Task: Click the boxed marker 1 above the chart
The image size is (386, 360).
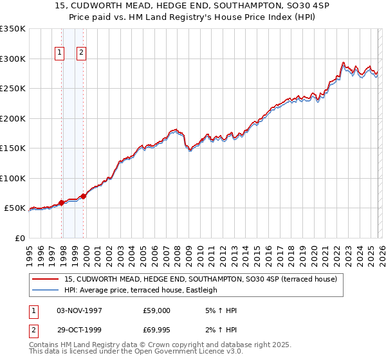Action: click(60, 53)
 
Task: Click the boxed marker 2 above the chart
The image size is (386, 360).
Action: click(82, 53)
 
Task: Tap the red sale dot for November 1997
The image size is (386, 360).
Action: click(62, 203)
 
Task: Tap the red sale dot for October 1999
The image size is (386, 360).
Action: click(84, 196)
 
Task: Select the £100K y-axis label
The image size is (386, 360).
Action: click(12, 178)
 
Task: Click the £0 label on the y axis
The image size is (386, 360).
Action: click(19, 238)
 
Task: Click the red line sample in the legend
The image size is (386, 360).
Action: click(46, 279)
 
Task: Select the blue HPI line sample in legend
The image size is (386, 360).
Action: click(46, 290)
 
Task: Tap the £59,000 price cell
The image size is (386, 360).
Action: click(157, 310)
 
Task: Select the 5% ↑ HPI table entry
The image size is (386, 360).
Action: click(220, 310)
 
